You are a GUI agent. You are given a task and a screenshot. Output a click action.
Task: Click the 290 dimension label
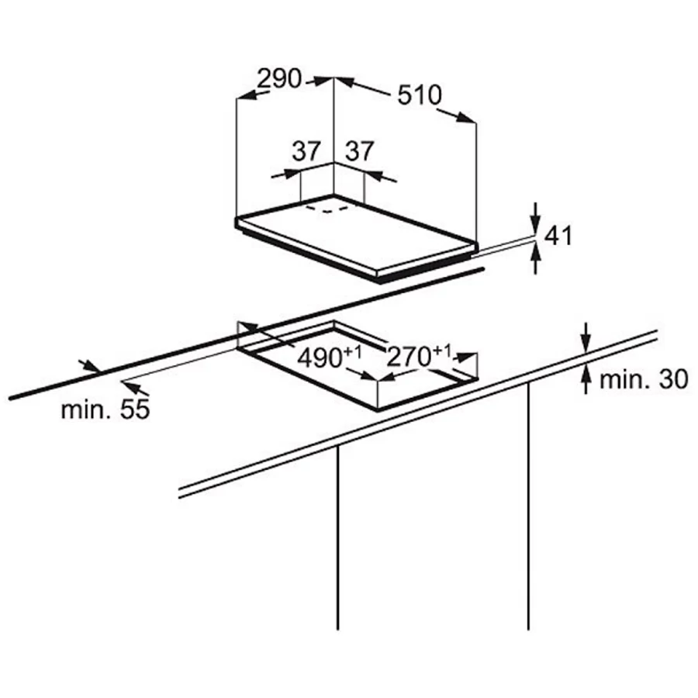[x=279, y=78]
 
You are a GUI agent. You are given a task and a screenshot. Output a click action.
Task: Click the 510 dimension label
[x=420, y=95]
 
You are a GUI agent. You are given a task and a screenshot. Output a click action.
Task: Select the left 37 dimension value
[x=306, y=151]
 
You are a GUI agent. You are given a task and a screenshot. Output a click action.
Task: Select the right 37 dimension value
[x=360, y=151]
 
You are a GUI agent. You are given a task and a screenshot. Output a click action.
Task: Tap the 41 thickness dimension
[x=558, y=236]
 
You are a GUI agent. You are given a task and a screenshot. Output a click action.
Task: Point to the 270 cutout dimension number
[x=409, y=356]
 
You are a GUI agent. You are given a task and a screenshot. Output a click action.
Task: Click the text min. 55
[x=105, y=409]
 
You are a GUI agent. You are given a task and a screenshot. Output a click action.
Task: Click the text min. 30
[x=644, y=380]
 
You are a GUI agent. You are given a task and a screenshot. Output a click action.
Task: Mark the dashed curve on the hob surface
[x=327, y=209]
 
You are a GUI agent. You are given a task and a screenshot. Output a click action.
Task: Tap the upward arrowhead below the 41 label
[x=536, y=252]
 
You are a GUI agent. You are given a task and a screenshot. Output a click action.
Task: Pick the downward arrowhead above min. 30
[x=586, y=344]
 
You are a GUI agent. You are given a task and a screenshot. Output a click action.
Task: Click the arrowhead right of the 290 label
[x=324, y=81]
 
